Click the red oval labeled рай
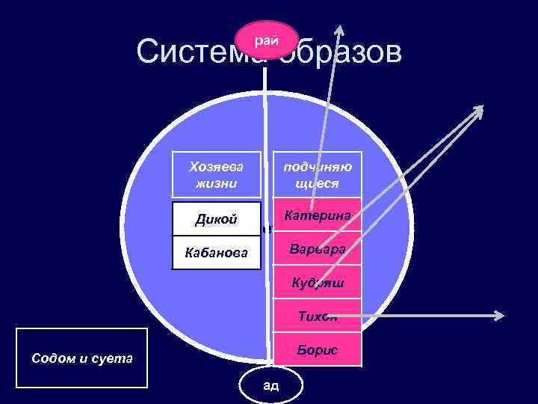tap(267, 40)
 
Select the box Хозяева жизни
tap(217, 174)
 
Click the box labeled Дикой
tap(217, 219)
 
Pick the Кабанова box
tap(217, 254)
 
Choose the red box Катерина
tap(318, 215)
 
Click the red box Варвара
tap(318, 248)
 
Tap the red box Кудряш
tap(318, 283)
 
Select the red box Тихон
tap(318, 316)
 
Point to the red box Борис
tap(318, 349)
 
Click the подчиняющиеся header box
tap(318, 174)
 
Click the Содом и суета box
tap(81, 358)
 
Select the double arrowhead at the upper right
tap(476, 112)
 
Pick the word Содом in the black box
tap(50, 358)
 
